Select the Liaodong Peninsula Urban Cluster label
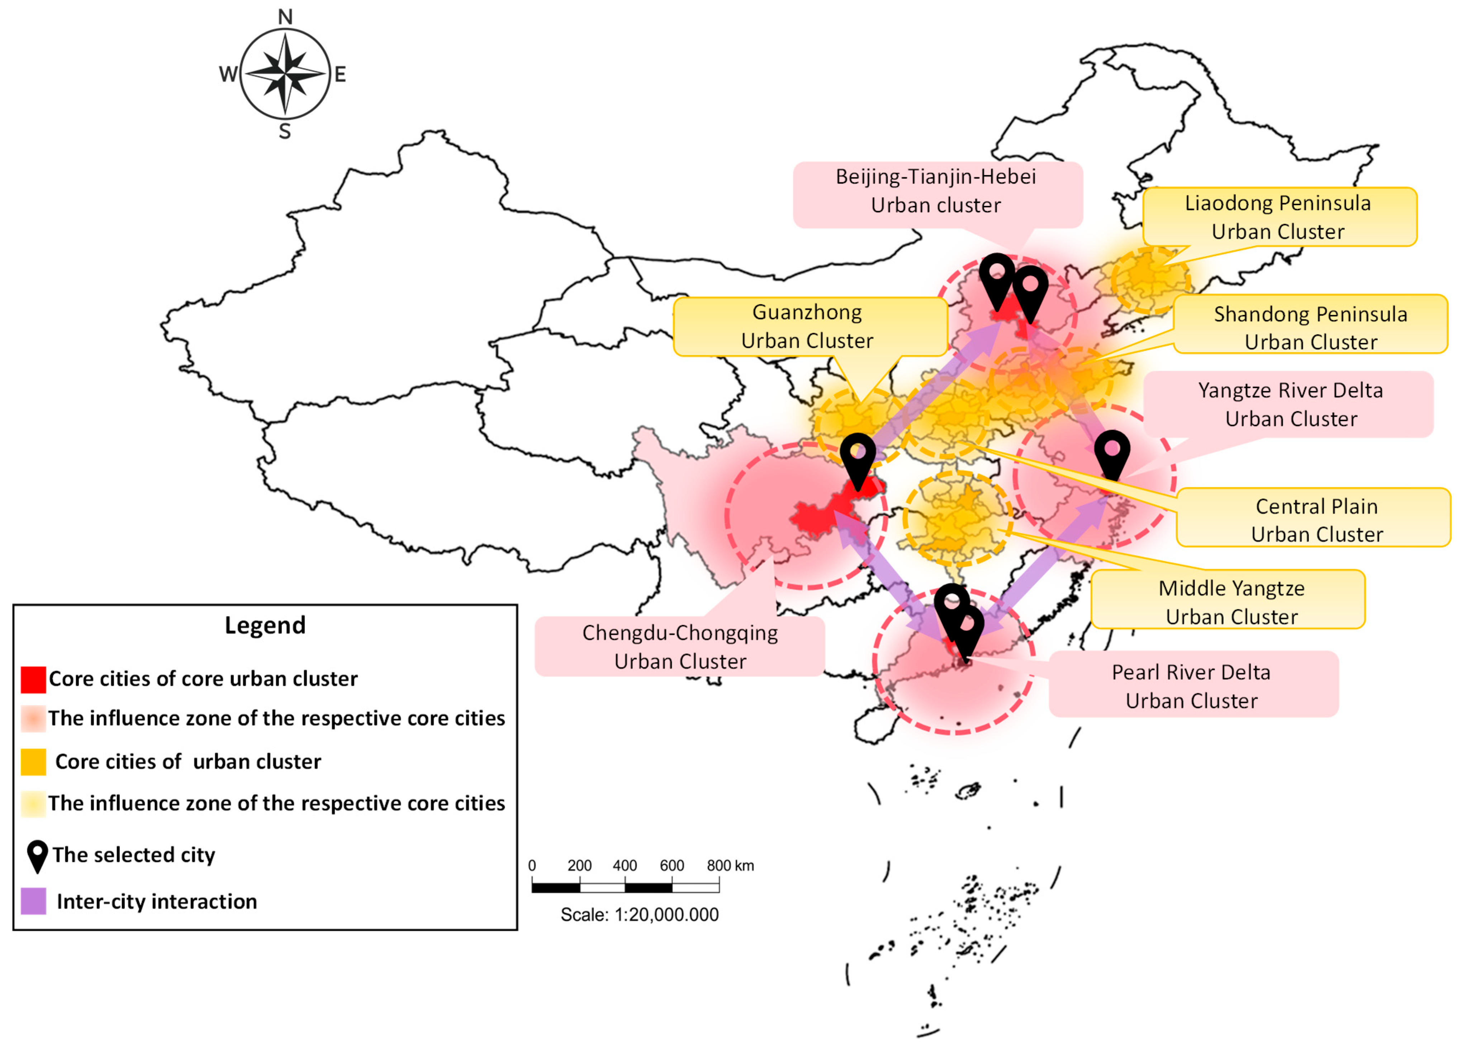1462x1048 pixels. pos(1278,217)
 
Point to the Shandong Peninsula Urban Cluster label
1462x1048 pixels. pos(1310,327)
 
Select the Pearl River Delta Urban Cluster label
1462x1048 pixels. pos(1191,686)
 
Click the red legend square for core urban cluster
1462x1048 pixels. pos(33,679)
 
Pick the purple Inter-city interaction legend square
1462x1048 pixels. pos(33,901)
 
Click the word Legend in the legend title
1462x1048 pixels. pos(265,625)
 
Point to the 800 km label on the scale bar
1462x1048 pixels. pos(730,865)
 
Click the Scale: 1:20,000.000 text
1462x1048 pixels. pos(640,915)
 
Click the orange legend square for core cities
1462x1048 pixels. pos(33,762)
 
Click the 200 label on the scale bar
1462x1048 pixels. pos(579,865)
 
